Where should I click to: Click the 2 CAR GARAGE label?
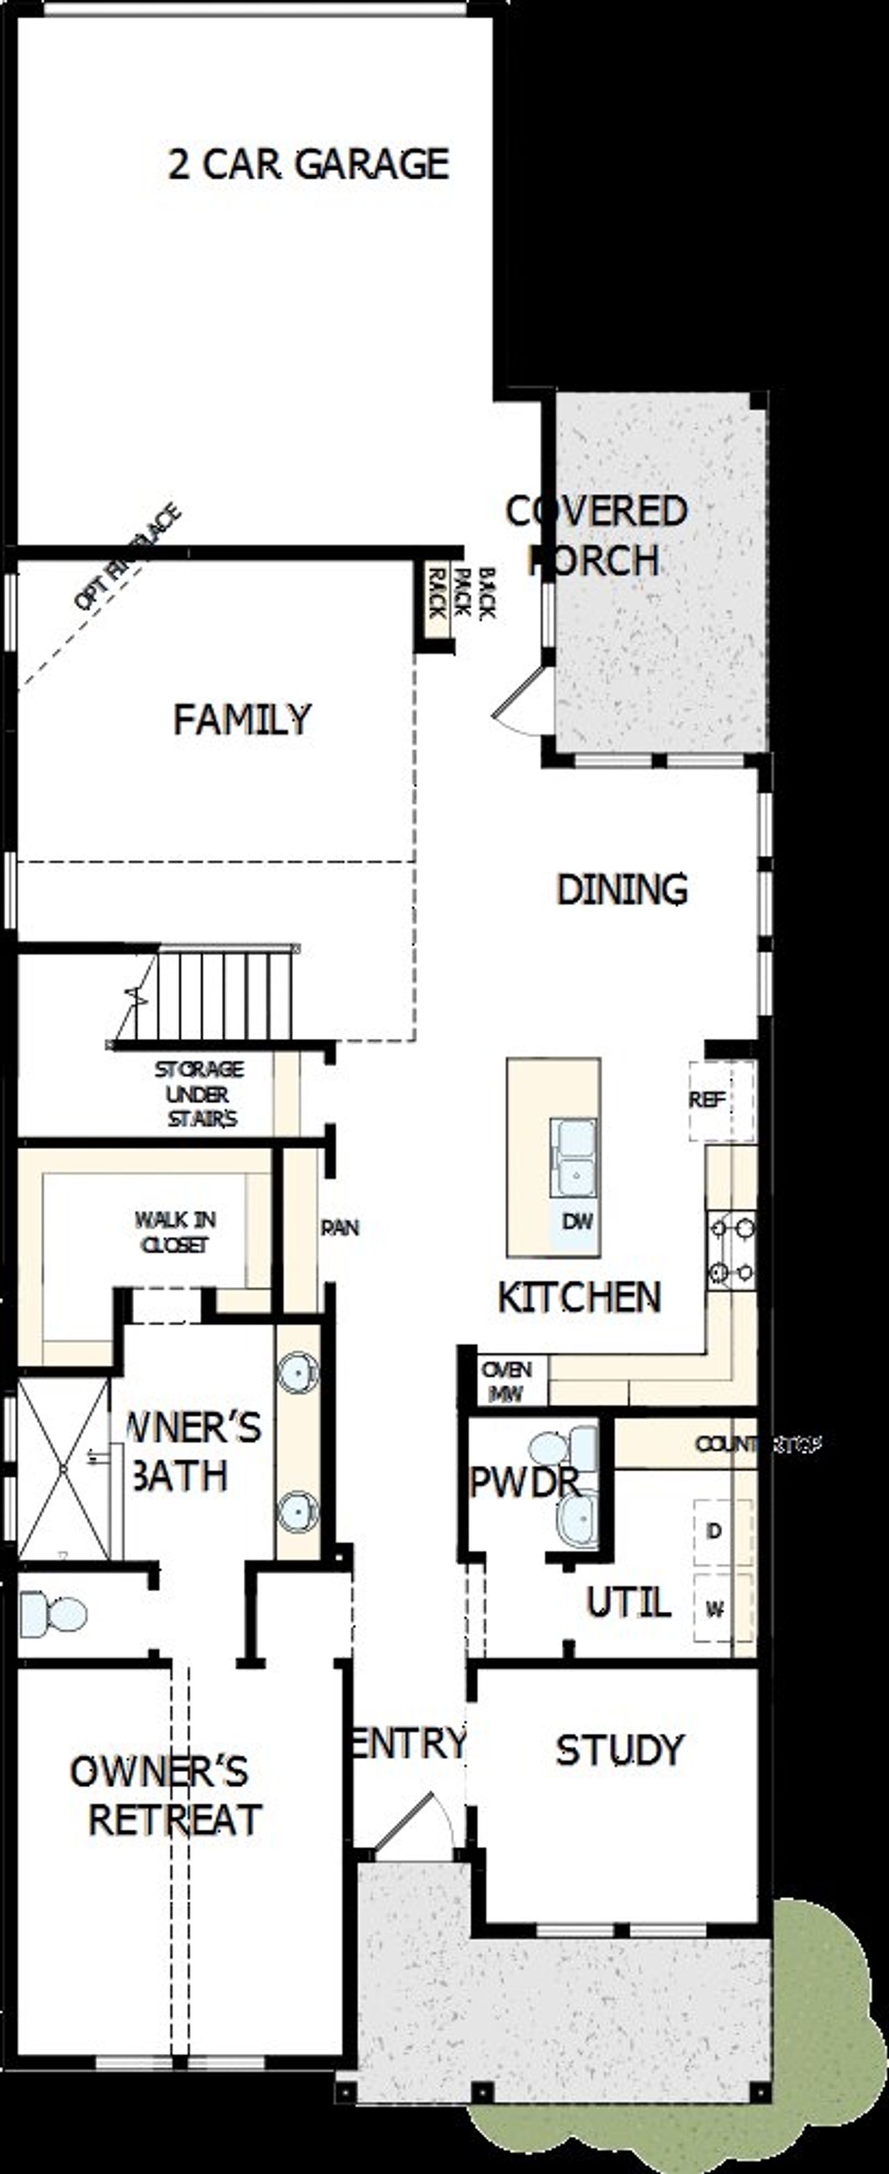308,164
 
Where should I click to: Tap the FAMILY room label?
242,719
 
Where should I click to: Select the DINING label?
622,889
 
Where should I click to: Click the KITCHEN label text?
579,1297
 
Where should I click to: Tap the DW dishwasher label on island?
577,1221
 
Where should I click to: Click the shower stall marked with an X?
63,1469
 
